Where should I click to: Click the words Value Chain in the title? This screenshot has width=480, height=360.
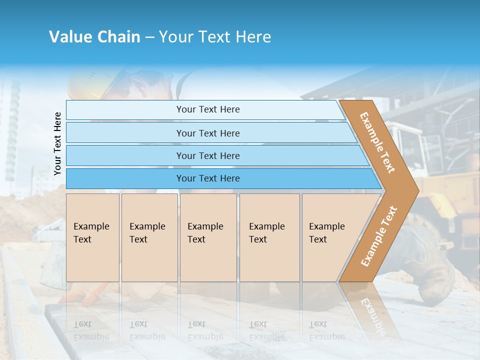(x=94, y=36)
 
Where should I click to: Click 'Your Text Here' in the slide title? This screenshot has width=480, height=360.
(x=215, y=36)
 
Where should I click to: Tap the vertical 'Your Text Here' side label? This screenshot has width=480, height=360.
(x=57, y=143)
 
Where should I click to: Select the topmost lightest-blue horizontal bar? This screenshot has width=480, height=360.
(x=207, y=109)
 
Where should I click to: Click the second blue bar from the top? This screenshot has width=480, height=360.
(x=207, y=133)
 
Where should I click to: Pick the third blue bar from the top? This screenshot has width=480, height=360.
(x=207, y=155)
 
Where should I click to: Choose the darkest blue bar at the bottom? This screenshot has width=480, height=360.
(x=207, y=178)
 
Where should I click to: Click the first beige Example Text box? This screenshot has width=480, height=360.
(x=92, y=237)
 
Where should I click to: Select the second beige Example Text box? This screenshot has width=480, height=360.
(x=149, y=237)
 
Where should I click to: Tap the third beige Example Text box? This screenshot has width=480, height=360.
(x=208, y=237)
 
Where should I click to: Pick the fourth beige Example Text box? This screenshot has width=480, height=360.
(x=269, y=237)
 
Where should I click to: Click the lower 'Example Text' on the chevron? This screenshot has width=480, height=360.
(x=378, y=236)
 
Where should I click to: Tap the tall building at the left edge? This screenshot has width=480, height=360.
(x=12, y=130)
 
